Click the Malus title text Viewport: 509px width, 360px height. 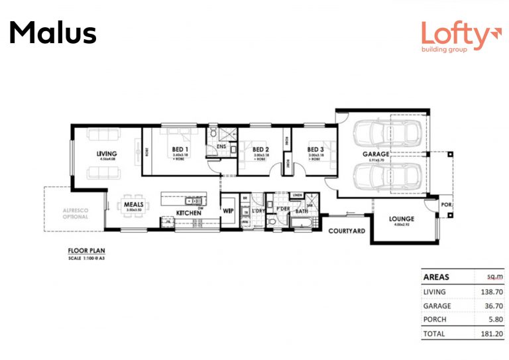pyautogui.click(x=53, y=32)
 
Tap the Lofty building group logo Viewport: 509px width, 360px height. pyautogui.click(x=457, y=37)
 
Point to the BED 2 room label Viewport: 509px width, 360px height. pyautogui.click(x=260, y=150)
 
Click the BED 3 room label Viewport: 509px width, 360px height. pyautogui.click(x=315, y=150)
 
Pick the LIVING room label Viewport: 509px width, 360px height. pyautogui.click(x=107, y=153)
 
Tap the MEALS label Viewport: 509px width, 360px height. pyautogui.click(x=134, y=204)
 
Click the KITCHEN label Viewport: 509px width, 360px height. pyautogui.click(x=188, y=213)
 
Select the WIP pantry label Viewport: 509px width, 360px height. pyautogui.click(x=228, y=210)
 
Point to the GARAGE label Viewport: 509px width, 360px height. pyautogui.click(x=375, y=154)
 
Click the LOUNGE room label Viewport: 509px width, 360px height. pyautogui.click(x=402, y=219)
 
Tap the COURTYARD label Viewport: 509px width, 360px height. pyautogui.click(x=347, y=231)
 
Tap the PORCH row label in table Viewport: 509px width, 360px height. pyautogui.click(x=434, y=320)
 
